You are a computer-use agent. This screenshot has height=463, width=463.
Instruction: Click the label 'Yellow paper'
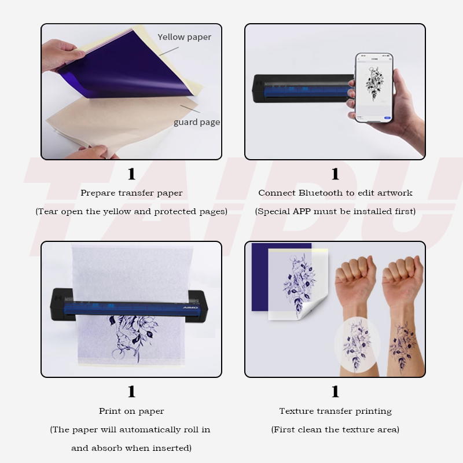click(x=184, y=37)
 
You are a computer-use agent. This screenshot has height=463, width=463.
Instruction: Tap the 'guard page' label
click(x=196, y=122)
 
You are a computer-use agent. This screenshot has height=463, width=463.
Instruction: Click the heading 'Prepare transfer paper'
click(x=131, y=193)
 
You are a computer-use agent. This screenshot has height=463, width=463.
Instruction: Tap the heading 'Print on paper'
click(x=131, y=411)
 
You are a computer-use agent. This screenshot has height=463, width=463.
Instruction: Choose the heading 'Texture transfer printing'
click(x=335, y=411)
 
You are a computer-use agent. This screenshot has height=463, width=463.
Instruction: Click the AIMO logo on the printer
click(x=190, y=308)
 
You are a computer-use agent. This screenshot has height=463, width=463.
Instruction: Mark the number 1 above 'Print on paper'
click(x=131, y=392)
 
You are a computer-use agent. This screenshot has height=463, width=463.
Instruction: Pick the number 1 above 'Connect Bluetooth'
click(x=335, y=174)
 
